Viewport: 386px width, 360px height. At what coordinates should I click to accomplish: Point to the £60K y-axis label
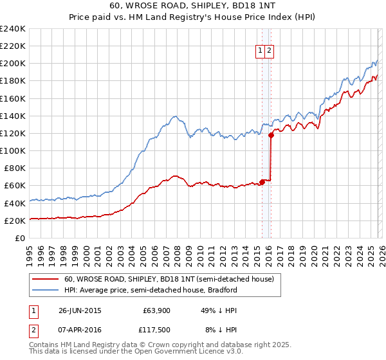click(14, 185)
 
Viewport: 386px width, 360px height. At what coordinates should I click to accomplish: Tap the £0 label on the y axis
click(20, 238)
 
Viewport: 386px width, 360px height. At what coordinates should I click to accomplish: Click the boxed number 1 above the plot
click(260, 51)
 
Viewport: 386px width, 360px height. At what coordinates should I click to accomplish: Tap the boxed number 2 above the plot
click(269, 51)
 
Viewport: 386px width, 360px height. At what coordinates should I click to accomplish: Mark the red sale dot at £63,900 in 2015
click(262, 182)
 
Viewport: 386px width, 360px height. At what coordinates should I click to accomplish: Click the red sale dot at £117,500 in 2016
click(271, 135)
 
